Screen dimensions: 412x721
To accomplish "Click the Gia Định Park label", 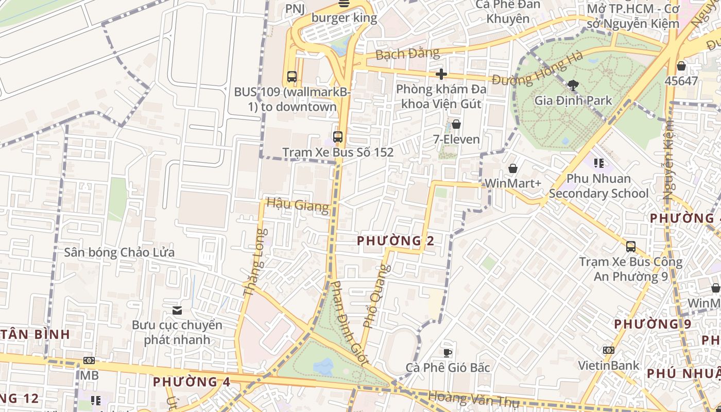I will coord(573,100).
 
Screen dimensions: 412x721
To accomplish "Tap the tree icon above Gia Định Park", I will coord(573,85).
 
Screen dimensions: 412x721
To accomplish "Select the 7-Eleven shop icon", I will coord(456,124).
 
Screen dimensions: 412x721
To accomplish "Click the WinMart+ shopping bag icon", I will coord(513,168).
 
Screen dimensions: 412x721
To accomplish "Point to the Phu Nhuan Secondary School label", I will coord(598,186).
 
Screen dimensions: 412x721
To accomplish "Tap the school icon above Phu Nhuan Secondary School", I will coord(598,163).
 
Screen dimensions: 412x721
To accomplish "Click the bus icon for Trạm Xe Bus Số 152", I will coord(338,137).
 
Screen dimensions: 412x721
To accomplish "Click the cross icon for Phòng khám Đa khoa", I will coord(441,74).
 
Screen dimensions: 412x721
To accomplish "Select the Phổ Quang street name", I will coord(376,296).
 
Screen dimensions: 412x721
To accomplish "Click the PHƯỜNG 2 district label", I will coord(396,241).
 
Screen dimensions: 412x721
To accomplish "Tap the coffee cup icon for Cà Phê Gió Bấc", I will coord(448,353).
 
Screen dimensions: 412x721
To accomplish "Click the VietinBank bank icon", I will coord(608,350).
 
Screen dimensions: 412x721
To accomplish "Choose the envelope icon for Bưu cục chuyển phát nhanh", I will coord(177,310).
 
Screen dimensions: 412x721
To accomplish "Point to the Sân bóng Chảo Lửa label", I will coord(119,252).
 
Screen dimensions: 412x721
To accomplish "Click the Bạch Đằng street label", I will coord(407,54).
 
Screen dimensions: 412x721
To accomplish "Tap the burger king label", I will coord(344,18).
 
